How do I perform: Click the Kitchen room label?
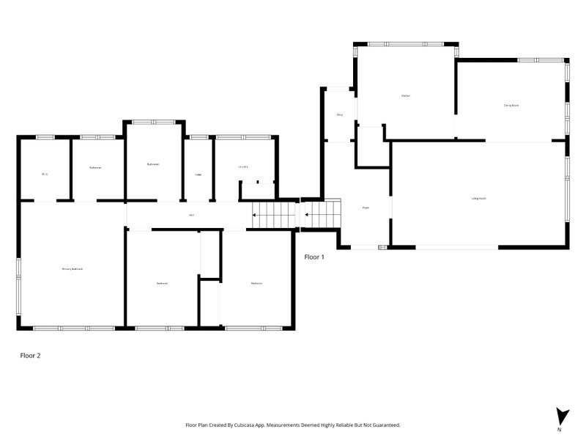pyautogui.click(x=405, y=96)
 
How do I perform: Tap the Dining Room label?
pyautogui.click(x=511, y=106)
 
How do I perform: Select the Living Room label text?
pyautogui.click(x=479, y=199)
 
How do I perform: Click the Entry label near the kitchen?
pyautogui.click(x=340, y=115)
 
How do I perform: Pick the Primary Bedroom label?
pyautogui.click(x=72, y=269)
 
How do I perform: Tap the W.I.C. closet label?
pyautogui.click(x=45, y=174)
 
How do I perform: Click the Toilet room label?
pyautogui.click(x=198, y=175)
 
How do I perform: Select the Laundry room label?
pyautogui.click(x=243, y=166)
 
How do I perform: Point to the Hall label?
pyautogui.click(x=191, y=215)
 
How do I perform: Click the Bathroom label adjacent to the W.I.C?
pyautogui.click(x=95, y=168)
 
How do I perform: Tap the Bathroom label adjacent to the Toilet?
pyautogui.click(x=153, y=164)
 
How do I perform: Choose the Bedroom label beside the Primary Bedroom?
pyautogui.click(x=162, y=283)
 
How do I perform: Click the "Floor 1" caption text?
pyautogui.click(x=314, y=257)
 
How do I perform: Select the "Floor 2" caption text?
pyautogui.click(x=30, y=355)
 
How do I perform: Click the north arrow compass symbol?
pyautogui.click(x=561, y=416)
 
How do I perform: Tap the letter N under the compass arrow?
pyautogui.click(x=559, y=430)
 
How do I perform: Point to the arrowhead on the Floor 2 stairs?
pyautogui.click(x=254, y=216)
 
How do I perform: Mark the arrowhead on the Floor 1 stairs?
pyautogui.click(x=307, y=216)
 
